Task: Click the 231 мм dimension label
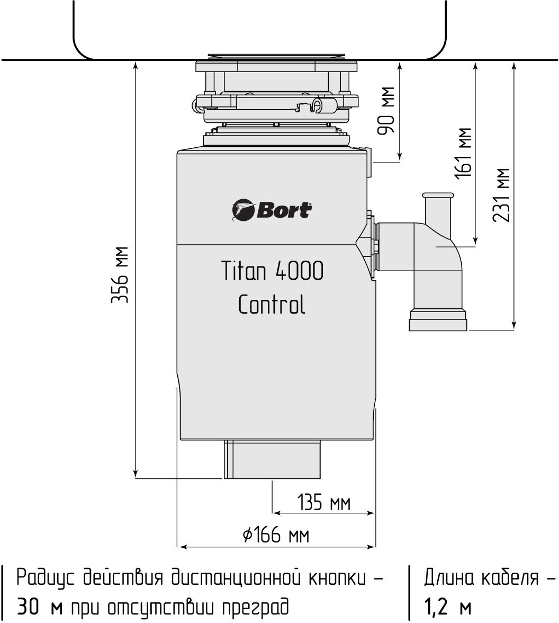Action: (502, 194)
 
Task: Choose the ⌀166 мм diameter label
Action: (275, 536)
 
